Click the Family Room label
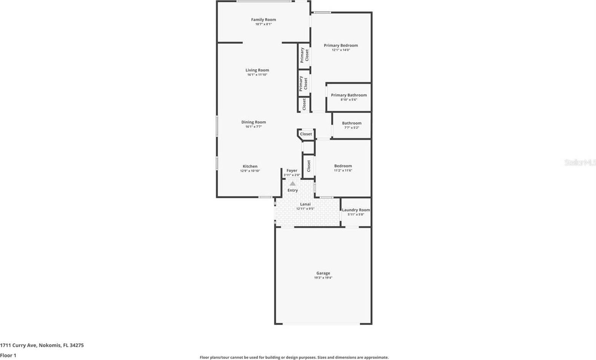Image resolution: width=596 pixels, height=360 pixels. coord(263,20)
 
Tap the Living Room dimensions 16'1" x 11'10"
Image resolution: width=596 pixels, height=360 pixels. coord(257,75)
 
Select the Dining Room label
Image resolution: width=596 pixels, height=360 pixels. coord(253,122)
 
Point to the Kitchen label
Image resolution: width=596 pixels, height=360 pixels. coord(250,166)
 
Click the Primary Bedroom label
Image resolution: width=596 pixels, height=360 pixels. coord(341,46)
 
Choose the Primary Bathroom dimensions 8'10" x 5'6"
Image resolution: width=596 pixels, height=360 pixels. coord(349,100)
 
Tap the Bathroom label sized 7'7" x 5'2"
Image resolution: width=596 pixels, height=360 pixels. coord(351,123)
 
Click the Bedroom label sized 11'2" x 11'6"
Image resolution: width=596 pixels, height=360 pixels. coord(343,166)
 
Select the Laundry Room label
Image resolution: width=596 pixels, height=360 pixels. coord(356,210)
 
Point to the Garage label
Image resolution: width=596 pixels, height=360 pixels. coord(323,273)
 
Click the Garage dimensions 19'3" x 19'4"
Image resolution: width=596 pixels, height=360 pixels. coord(323,278)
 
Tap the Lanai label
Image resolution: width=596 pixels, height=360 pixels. coord(305,204)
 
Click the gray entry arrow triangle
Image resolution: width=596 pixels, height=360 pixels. coord(292,183)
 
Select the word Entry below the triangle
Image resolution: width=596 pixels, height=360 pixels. coord(293,190)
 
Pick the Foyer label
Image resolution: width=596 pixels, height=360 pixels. coord(292,171)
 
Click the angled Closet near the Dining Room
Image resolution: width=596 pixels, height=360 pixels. coord(306,134)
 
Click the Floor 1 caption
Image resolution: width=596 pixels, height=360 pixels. coord(8,355)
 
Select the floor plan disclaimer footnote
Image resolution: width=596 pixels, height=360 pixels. coord(294,357)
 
